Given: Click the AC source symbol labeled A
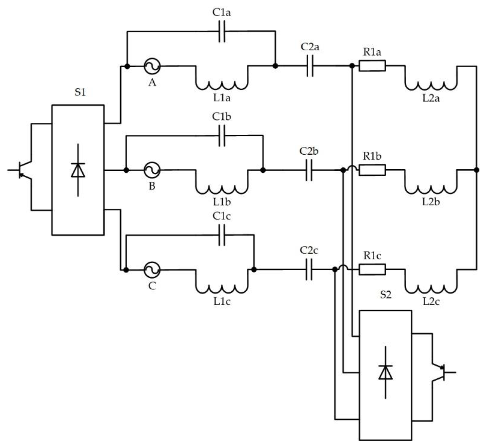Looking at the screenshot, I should tap(152, 66).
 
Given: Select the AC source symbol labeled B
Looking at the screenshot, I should tap(152, 170).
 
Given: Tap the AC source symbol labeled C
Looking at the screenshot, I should tap(152, 270).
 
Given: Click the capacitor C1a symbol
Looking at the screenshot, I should tap(222, 32).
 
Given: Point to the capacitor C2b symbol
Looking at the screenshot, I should tap(309, 170).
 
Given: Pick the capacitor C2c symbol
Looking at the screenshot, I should tap(309, 270).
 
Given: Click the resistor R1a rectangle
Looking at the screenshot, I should tap(372, 66).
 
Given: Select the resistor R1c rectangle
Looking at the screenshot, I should tap(372, 270).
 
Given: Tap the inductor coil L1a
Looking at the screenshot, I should tap(222, 85).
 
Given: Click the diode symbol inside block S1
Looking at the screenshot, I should tap(78, 170).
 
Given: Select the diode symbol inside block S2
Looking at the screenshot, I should tap(385, 373).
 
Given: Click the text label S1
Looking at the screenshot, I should tap(80, 93).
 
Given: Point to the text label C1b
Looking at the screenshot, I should tap(222, 117).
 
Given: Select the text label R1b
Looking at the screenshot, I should tap(372, 156).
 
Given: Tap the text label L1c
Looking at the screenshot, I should tap(222, 302).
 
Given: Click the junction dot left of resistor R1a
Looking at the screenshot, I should tap(352, 66).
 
